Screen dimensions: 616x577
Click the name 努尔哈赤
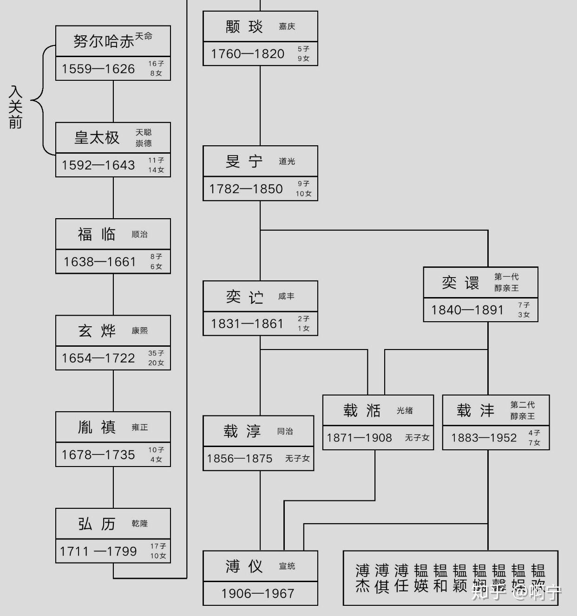[103, 41]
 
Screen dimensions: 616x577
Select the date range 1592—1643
[98, 165]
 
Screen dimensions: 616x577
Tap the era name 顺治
[139, 234]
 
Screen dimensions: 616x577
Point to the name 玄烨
[97, 331]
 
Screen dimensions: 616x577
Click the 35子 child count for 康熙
[156, 353]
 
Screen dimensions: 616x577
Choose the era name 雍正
[139, 427]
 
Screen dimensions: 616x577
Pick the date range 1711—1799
[98, 551]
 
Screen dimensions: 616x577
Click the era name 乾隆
[139, 524]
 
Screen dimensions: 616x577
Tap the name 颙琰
[244, 27]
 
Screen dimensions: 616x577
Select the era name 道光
[287, 162]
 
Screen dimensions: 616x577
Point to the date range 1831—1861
[247, 324]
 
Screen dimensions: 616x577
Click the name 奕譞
[460, 283]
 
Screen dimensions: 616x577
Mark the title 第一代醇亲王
[506, 282]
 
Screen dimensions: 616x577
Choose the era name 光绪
[405, 410]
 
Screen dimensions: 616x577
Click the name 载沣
[475, 410]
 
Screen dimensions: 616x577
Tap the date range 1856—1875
[240, 459]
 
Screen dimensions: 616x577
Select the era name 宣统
[287, 566]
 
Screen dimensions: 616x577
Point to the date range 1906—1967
[258, 594]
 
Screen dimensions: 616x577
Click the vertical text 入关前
[15, 107]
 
